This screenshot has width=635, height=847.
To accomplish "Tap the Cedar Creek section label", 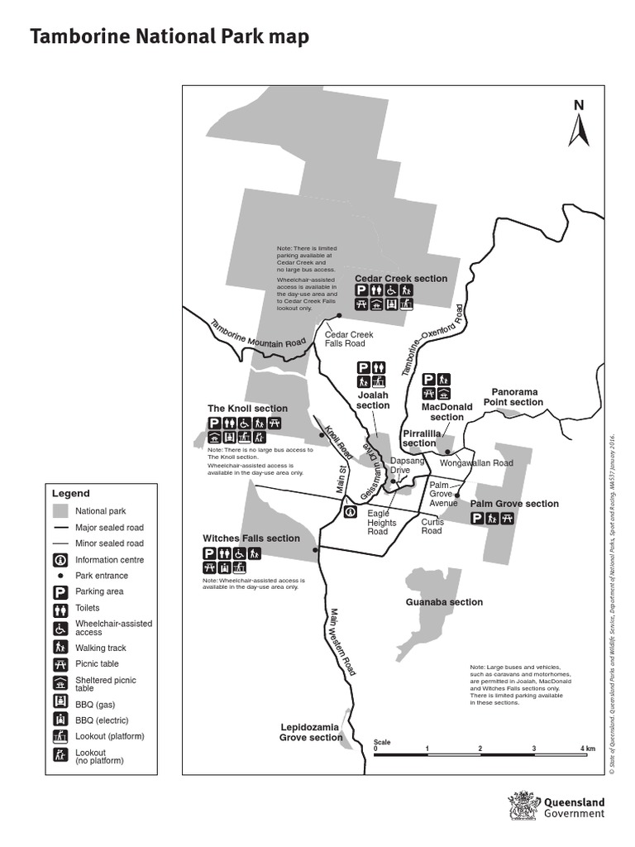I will [401, 279].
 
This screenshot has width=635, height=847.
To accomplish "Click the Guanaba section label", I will [444, 602].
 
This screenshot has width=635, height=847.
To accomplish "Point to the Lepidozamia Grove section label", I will [310, 732].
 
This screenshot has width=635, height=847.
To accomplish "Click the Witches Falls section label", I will [251, 538].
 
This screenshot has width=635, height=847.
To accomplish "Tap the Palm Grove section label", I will [514, 504].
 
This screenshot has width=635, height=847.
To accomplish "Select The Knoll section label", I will [247, 409].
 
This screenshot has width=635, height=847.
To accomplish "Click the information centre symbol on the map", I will [351, 512].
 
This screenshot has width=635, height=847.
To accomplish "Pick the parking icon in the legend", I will [60, 592].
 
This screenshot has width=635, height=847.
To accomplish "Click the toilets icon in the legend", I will [60, 609].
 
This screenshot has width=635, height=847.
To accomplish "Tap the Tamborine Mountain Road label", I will [257, 334].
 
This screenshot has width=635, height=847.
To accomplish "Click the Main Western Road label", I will [341, 646].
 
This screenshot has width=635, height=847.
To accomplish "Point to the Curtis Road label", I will [432, 526].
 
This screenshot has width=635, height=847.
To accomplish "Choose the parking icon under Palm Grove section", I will [477, 519].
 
